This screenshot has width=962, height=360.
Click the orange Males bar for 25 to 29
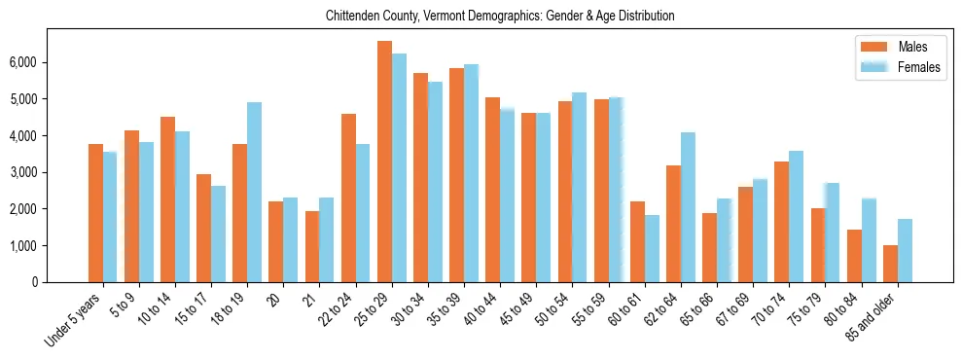pos(384,162)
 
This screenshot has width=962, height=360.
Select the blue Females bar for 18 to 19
pos(254,192)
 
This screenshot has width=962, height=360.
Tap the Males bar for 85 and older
pos(890,264)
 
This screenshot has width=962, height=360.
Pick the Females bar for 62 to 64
pos(688,207)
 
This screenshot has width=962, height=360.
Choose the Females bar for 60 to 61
pos(652,248)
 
